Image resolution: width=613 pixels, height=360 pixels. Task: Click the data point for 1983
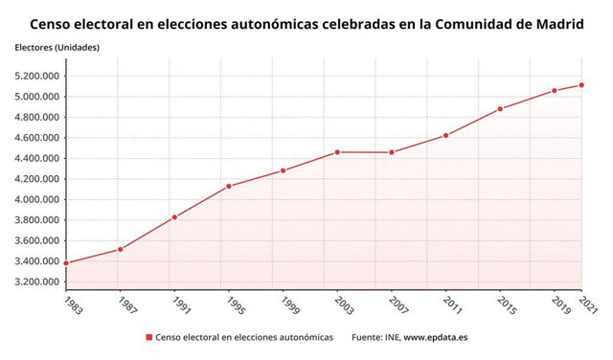coord(65,262)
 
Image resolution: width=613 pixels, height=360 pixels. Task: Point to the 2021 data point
coord(581,85)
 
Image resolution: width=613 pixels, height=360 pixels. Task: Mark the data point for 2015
coord(500,109)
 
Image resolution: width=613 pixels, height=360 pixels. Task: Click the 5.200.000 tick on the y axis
coord(37,76)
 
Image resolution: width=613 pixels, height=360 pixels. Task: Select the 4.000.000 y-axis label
coord(37,200)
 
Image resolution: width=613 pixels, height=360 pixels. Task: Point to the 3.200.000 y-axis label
coord(37,282)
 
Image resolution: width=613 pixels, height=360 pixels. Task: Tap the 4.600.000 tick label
coord(37,138)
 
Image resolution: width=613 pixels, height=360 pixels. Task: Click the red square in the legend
coord(148,338)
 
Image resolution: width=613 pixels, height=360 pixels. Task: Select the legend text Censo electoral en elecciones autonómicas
coord(245,338)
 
